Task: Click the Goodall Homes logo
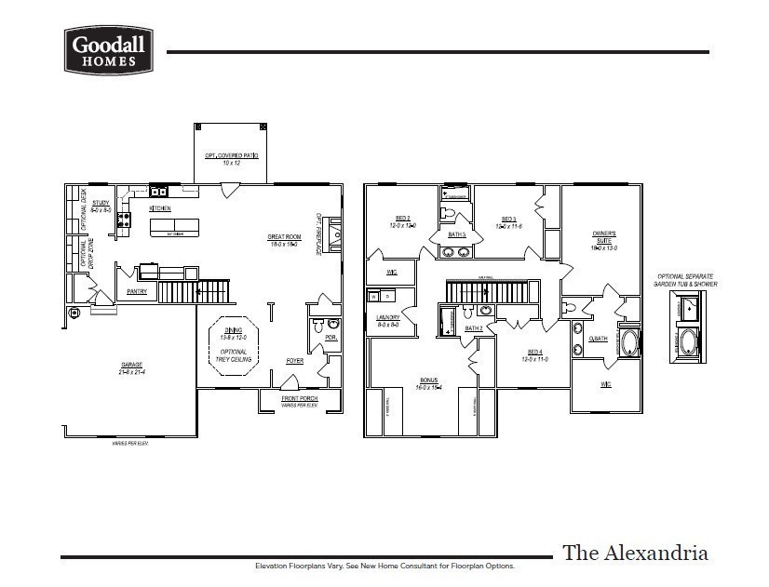click(108, 50)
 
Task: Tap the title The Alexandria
click(635, 553)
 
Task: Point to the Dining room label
click(234, 331)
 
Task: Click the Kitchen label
click(159, 208)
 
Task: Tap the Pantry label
click(138, 291)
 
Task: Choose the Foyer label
click(294, 360)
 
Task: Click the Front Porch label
click(300, 399)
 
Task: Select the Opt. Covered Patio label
click(231, 156)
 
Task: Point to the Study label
click(101, 203)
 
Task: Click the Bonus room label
click(428, 381)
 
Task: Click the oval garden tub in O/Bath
click(630, 342)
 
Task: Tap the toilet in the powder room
click(318, 327)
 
